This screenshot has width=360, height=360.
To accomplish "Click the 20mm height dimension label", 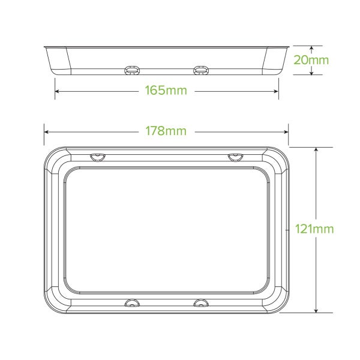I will click(x=315, y=60).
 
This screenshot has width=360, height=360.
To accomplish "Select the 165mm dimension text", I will click(x=166, y=91).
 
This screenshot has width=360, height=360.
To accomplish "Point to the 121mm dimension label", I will click(x=314, y=229).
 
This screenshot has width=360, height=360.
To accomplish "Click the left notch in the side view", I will click(x=130, y=70).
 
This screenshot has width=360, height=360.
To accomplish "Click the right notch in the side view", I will click(x=200, y=70).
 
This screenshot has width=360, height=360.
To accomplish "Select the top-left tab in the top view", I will click(x=97, y=157).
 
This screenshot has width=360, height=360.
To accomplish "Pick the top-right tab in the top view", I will click(x=235, y=157).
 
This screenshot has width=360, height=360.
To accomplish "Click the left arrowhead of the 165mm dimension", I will click(x=58, y=91).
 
